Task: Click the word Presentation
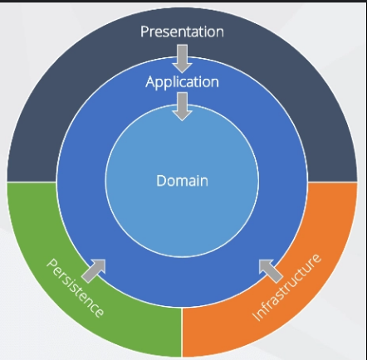(182, 32)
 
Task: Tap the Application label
(182, 82)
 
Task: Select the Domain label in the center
(182, 181)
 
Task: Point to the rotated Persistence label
(75, 288)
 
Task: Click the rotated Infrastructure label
(286, 287)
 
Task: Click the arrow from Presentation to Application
(182, 59)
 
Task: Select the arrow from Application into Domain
(182, 107)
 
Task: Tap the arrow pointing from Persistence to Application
(94, 270)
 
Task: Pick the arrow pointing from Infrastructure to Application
(271, 271)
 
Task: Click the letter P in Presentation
(144, 32)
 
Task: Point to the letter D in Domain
(161, 181)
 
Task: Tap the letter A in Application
(150, 82)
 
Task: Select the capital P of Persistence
(51, 264)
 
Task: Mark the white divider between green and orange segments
(182, 333)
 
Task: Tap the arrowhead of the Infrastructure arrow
(265, 265)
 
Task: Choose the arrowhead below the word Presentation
(182, 68)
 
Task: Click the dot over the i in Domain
(198, 176)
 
